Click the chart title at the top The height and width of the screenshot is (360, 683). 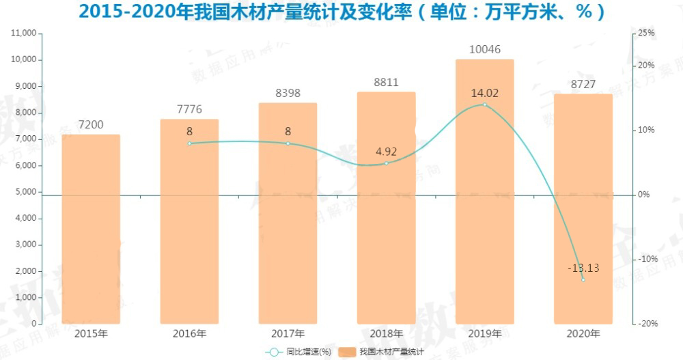point(341,12)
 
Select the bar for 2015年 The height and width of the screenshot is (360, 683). point(91,229)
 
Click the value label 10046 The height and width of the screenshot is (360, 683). point(484,49)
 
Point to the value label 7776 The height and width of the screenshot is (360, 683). point(189,109)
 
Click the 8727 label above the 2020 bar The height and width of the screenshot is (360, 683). point(583,84)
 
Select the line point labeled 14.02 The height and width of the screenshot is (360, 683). point(485,105)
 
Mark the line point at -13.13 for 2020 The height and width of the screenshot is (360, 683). point(583,279)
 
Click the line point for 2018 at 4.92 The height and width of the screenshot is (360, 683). point(386,163)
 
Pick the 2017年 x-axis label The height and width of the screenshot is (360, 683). point(288,333)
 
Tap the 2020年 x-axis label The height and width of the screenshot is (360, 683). point(583,333)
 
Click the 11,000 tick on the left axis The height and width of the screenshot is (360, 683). point(25,33)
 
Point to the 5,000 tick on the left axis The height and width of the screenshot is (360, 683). point(27,192)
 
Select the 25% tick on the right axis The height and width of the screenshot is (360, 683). point(646,33)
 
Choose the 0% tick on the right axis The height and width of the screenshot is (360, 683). point(643,195)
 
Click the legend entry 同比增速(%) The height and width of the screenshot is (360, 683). point(298,352)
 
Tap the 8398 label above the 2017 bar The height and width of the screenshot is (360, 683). point(288,93)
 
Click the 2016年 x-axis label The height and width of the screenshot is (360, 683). point(189,333)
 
